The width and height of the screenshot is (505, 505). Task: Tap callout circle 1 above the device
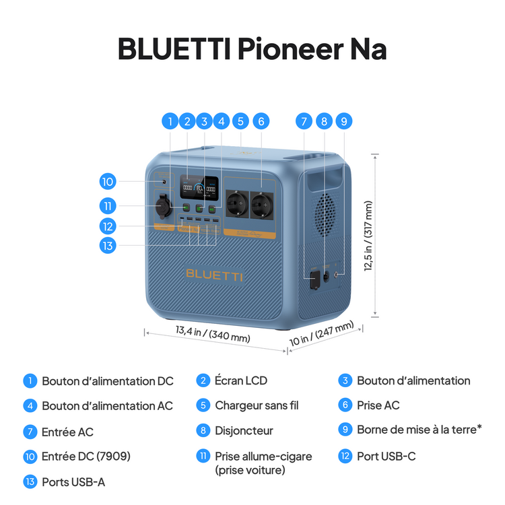pos(170,122)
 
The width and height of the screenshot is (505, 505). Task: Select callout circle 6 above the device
pos(261,122)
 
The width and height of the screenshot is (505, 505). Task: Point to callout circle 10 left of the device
pos(107,181)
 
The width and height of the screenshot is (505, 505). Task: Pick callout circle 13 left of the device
pos(107,245)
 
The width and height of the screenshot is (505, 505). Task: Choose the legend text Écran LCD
pos(240,380)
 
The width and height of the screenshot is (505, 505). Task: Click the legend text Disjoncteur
pos(244,430)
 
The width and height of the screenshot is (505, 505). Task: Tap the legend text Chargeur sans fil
pos(257,405)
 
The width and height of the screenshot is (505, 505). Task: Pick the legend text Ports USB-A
pos(73,481)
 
